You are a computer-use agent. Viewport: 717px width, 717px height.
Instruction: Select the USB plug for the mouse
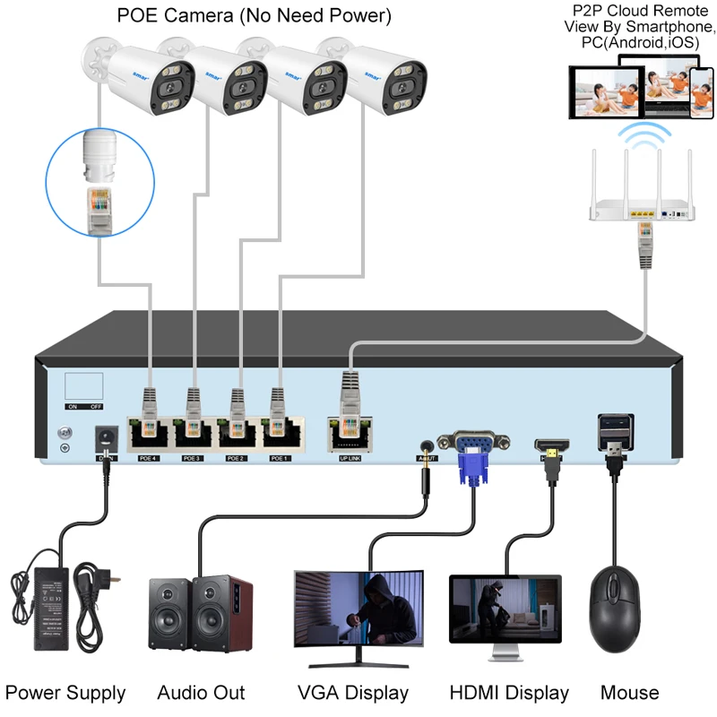[615, 448]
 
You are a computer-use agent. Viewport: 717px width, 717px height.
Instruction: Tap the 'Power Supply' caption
[65, 693]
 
